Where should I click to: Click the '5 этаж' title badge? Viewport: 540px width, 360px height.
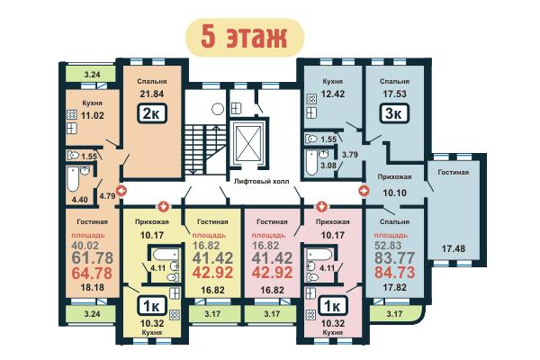point(245,37)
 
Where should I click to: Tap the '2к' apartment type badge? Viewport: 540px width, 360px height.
point(152,113)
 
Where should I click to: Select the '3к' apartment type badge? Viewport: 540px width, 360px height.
point(395,113)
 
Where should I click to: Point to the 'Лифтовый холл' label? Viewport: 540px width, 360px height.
point(261,181)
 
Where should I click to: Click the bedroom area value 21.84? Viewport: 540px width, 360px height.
point(152,94)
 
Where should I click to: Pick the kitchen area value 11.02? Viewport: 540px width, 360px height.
point(93,115)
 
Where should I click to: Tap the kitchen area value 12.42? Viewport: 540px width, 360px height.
point(333,94)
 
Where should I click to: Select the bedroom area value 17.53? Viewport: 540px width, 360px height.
point(395,94)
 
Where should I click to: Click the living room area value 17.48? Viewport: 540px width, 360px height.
point(454,248)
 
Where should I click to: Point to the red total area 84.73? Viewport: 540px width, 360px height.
point(395,273)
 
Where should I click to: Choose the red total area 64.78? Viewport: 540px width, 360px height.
point(92,274)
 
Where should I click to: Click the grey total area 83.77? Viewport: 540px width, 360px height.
point(395,257)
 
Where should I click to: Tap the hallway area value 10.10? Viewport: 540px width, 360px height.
point(395,193)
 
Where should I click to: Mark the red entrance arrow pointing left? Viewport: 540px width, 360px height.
point(121,191)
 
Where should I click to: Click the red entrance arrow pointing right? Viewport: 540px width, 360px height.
point(364,191)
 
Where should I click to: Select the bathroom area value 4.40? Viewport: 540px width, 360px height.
point(80,200)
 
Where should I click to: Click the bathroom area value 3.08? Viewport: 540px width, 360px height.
point(328,166)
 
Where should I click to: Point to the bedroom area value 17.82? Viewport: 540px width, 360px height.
point(395,287)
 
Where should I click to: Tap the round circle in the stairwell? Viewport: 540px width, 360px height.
point(218,109)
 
